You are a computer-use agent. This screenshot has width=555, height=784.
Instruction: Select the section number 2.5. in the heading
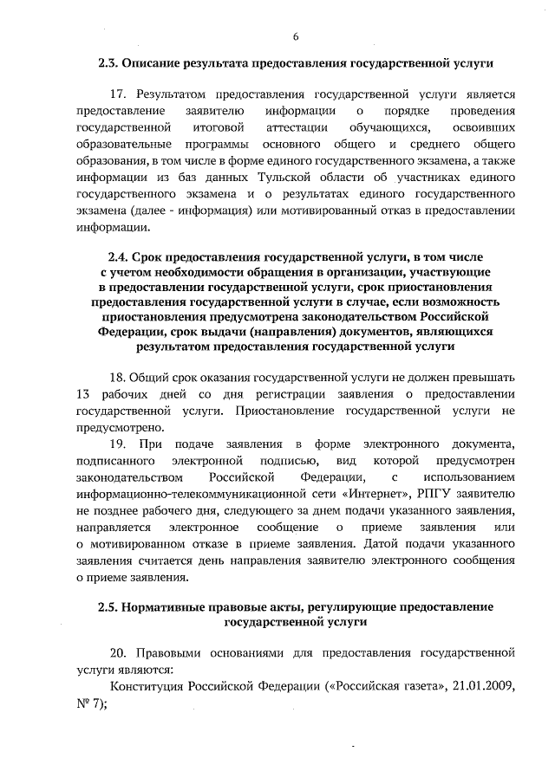(x=109, y=607)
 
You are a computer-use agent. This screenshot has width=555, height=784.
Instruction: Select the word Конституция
(x=149, y=687)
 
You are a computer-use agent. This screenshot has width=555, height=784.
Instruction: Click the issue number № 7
(x=90, y=703)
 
